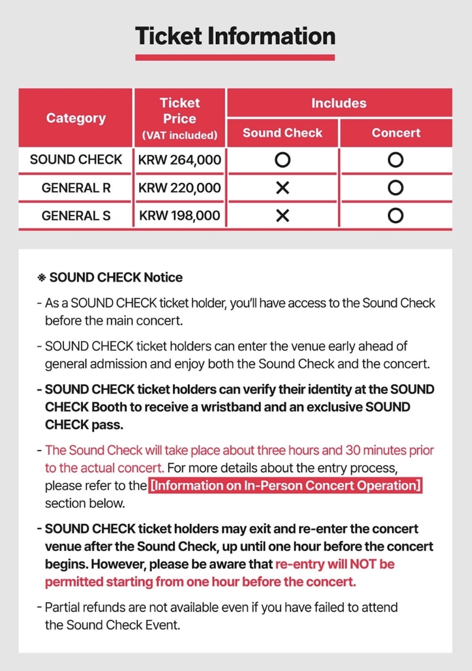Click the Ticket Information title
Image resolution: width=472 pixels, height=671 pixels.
235,36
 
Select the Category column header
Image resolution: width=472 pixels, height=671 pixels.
76,118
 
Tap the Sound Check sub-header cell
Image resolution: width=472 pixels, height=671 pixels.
282,133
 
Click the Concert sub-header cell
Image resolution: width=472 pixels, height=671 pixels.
396,133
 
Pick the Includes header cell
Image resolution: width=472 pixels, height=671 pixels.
339,103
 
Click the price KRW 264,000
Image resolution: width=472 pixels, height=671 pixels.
180,160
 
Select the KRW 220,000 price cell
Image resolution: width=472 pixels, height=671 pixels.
180,188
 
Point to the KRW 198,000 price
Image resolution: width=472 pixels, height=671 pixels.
180,216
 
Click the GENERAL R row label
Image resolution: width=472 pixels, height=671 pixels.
76,188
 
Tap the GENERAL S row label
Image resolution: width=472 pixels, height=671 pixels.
76,216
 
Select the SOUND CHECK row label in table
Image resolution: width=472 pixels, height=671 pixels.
76,160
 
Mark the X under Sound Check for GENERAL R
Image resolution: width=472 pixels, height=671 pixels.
283,188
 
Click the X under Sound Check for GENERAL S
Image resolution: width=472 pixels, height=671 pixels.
283,216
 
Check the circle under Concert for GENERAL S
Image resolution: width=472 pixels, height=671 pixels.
396,216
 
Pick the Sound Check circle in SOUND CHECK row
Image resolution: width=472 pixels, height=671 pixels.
283,160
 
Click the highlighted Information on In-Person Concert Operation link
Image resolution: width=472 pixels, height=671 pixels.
285,486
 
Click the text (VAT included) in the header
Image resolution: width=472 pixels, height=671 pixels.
180,135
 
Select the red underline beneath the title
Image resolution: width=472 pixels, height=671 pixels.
235,58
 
